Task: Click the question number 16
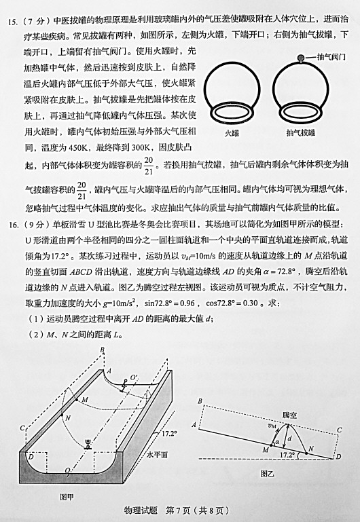(13, 225)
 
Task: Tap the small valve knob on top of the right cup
(301, 58)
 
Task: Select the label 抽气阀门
(331, 56)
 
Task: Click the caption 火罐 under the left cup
(232, 133)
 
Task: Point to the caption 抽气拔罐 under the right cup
(301, 133)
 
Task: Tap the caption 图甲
(67, 497)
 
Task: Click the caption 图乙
(268, 473)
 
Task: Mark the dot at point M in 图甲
(77, 399)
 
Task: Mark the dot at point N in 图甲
(62, 415)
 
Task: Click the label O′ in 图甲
(134, 377)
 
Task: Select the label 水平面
(157, 455)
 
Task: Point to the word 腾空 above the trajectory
(289, 415)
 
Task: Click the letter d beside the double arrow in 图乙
(290, 439)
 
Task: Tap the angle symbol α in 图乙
(277, 442)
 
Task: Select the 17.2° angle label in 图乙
(287, 455)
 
